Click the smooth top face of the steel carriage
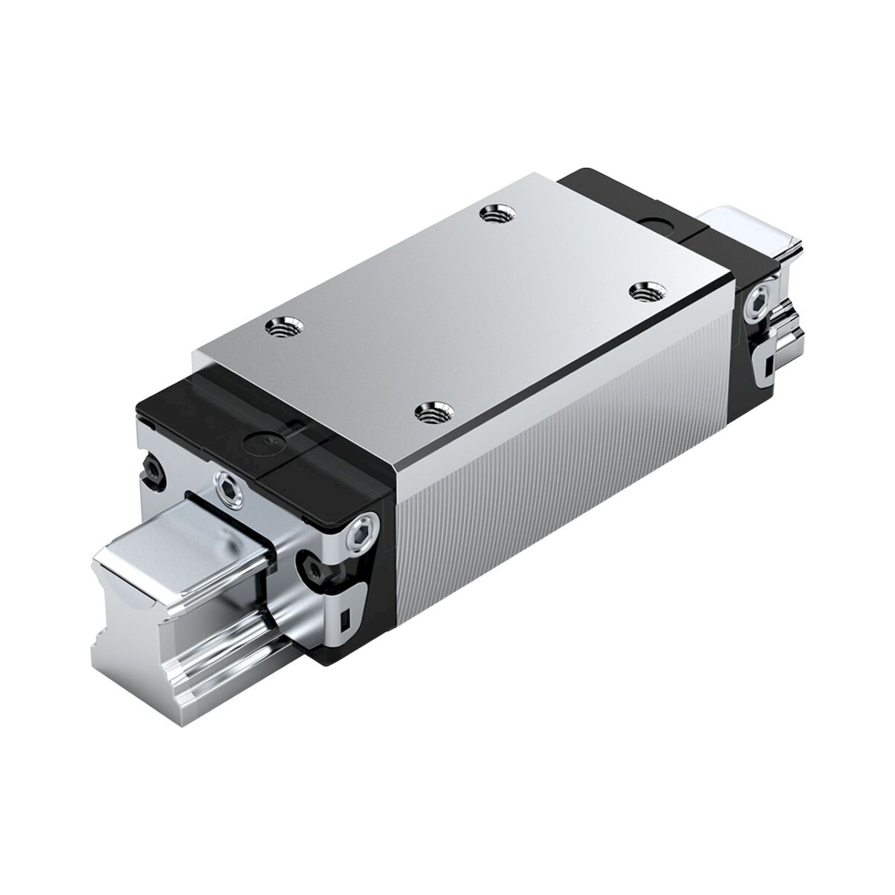(463, 301)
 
